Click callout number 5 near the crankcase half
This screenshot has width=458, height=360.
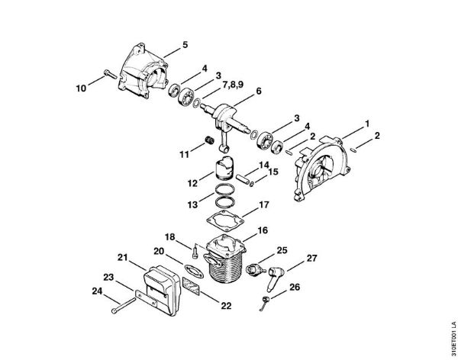point(185,46)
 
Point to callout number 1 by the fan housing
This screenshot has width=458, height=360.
point(367,123)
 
